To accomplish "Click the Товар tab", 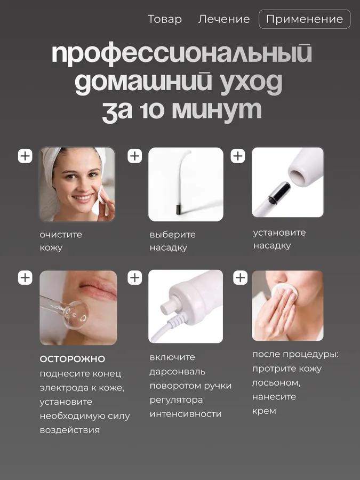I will pos(164,19).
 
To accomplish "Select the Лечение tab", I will pos(224,19).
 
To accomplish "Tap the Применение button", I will pos(304,19).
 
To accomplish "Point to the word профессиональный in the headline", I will pos(181,55).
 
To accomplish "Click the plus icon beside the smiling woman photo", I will pos(25,156).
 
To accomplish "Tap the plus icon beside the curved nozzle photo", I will pos(135,156).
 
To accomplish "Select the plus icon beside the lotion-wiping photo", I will pos(241,278).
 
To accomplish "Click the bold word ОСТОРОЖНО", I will pos(73,359).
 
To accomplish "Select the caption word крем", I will pos(264,411).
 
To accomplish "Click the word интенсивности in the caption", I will pos(186,414).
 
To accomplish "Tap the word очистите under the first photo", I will pos(61,234).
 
